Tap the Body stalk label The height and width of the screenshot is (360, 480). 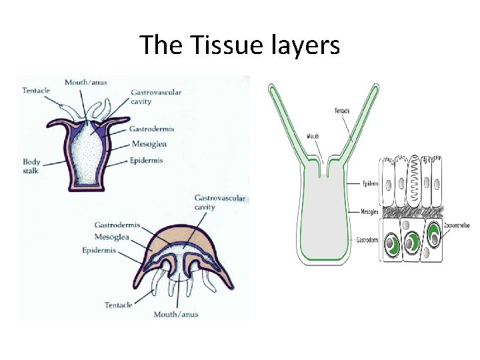coord(31,166)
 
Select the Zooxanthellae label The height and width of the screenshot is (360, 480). coord(457,226)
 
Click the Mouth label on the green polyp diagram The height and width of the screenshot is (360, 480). coord(313,137)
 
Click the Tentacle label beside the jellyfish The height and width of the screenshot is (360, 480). coord(119,305)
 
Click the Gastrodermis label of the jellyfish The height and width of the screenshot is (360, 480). coord(117,225)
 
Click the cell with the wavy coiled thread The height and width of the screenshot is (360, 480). coord(411,181)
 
